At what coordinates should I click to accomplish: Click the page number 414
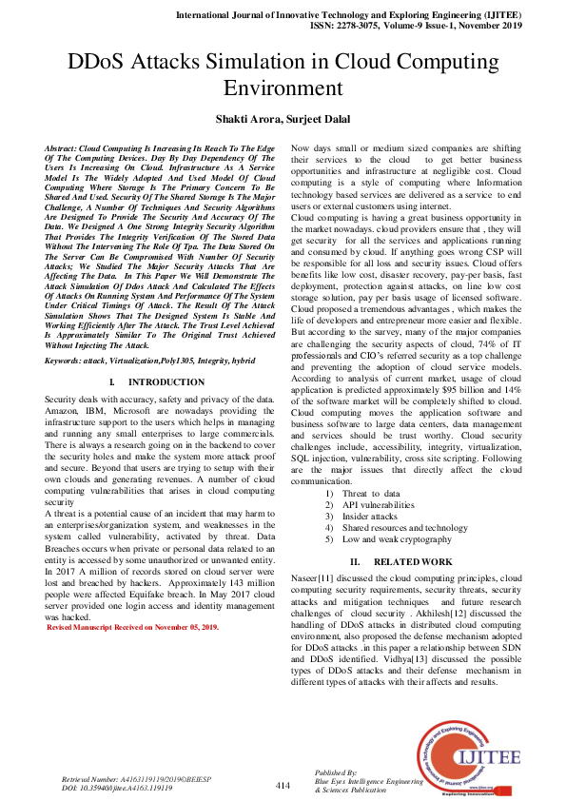click(x=283, y=785)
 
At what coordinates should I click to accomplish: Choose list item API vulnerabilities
click(x=378, y=505)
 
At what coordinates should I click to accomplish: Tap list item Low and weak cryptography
click(x=396, y=538)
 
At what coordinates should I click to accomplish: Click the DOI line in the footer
click(x=117, y=788)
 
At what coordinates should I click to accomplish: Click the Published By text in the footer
click(x=341, y=772)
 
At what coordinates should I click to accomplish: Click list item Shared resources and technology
click(x=404, y=527)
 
